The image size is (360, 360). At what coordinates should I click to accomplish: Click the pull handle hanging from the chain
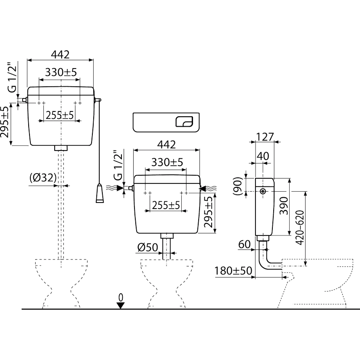[100, 193]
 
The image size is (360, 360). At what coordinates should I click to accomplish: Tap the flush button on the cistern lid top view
[184, 121]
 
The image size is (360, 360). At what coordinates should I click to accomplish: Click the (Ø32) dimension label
[43, 177]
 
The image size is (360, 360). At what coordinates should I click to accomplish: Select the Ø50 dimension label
[147, 247]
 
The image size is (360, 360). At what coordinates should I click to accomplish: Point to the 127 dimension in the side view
[265, 137]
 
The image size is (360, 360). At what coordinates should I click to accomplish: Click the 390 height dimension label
[284, 206]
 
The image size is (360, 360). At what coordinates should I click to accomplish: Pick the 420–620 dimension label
[300, 228]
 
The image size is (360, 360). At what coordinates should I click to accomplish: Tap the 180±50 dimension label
[233, 271]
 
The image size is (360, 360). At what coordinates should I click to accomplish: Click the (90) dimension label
[238, 186]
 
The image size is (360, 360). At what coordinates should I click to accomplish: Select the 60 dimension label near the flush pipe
[244, 244]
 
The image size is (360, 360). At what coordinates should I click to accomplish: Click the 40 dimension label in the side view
[263, 156]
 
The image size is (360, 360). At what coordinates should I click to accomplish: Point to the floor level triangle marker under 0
[121, 305]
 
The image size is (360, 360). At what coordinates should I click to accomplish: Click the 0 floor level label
[121, 298]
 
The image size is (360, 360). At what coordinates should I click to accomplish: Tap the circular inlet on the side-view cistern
[263, 191]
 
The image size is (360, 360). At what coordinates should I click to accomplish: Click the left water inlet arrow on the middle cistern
[115, 188]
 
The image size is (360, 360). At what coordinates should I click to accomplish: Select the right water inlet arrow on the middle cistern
[208, 189]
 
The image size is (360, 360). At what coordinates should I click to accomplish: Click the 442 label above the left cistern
[60, 55]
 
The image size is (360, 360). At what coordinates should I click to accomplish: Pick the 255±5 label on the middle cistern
[166, 205]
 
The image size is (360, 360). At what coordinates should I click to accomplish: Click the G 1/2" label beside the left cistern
[12, 77]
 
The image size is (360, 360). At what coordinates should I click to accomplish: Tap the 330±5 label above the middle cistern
[167, 162]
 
